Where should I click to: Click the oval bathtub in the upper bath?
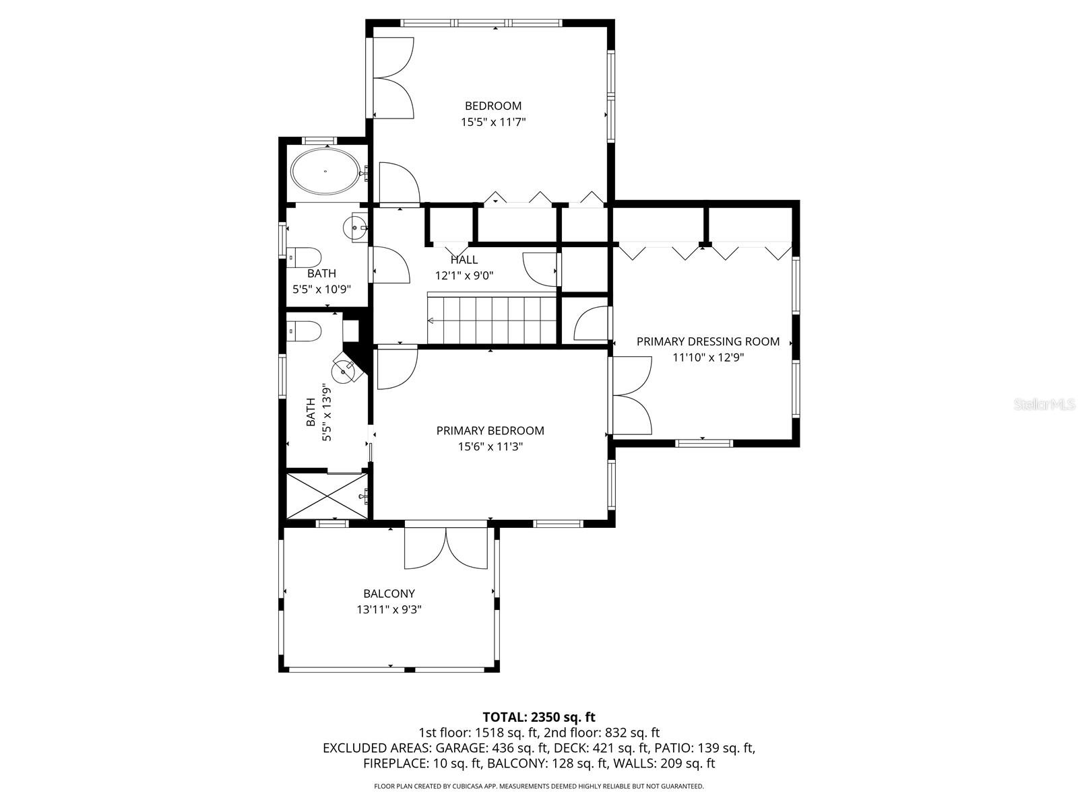325,172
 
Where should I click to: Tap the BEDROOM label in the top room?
493,106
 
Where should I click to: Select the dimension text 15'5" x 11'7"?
493,123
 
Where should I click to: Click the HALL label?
464,260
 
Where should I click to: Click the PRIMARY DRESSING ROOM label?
708,341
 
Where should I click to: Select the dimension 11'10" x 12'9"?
708,358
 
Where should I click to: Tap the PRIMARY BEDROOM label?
490,430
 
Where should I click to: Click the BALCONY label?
389,594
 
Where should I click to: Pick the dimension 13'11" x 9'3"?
389,610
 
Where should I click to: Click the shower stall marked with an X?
327,496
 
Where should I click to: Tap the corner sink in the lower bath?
346,370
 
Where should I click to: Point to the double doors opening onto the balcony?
445,547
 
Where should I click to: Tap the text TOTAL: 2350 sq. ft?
539,717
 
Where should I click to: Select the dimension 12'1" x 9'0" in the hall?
464,275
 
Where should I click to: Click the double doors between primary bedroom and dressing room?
632,395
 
